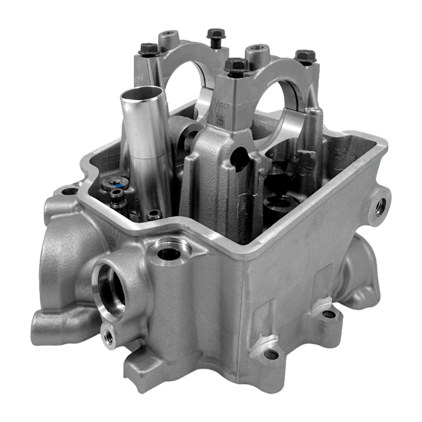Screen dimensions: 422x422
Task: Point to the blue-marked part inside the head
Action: coord(119,185)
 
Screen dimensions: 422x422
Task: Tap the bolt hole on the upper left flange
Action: coord(70,191)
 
